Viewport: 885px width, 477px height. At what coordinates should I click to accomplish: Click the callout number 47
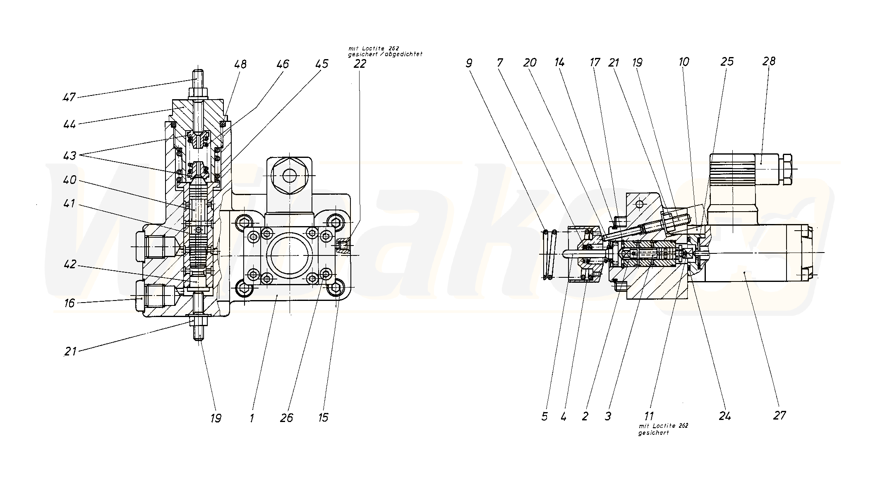69,98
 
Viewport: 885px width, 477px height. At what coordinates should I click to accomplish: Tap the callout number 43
69,156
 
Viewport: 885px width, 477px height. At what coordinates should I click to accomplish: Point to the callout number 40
69,181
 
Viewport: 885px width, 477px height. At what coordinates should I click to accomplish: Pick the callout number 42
69,264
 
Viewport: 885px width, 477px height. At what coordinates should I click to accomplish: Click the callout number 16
69,303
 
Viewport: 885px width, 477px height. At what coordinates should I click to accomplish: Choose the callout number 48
240,64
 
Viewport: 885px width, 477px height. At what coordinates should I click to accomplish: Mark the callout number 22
360,64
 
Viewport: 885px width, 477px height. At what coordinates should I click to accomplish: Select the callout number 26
286,418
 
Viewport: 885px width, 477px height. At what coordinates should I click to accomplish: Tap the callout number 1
252,418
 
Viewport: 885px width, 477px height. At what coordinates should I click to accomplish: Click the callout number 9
469,63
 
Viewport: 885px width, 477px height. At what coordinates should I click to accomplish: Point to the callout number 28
769,62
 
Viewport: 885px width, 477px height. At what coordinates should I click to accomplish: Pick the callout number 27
779,415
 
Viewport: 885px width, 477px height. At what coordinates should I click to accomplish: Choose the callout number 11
648,416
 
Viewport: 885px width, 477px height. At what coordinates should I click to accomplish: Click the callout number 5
544,416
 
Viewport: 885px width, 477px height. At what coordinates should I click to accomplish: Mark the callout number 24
724,416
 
